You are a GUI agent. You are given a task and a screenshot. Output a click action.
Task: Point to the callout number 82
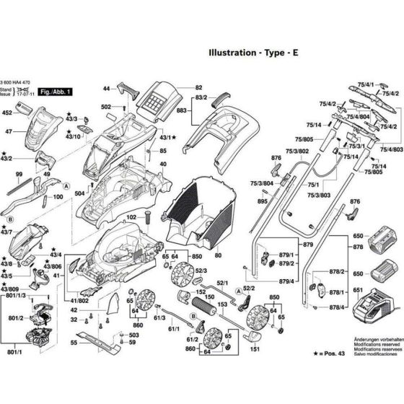198,87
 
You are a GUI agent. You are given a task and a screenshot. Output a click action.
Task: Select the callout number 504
79,194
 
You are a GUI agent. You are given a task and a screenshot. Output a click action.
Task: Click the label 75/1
312,185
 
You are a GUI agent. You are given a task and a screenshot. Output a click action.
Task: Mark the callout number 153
224,305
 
